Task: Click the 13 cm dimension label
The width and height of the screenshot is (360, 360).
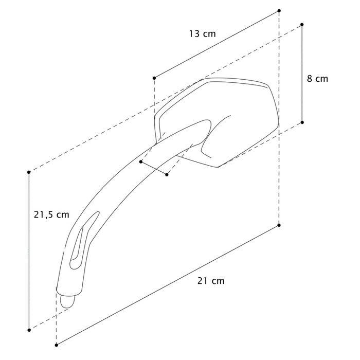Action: pos(203,34)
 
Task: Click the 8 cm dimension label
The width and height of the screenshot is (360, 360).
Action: pos(317,79)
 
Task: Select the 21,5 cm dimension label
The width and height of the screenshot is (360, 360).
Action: pos(51,215)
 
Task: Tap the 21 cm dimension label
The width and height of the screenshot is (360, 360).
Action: pos(211,281)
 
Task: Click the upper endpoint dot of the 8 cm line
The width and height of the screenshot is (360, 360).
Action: pos(302,25)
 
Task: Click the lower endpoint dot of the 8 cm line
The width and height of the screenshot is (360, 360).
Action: pos(302,122)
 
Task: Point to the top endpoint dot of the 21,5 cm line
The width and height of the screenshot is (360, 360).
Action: pos(29,172)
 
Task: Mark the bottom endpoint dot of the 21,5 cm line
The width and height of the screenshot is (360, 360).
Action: pos(29,330)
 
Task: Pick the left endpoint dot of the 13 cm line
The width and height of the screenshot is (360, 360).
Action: pos(154,78)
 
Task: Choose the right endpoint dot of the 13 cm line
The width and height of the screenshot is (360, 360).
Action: pos(279,11)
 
